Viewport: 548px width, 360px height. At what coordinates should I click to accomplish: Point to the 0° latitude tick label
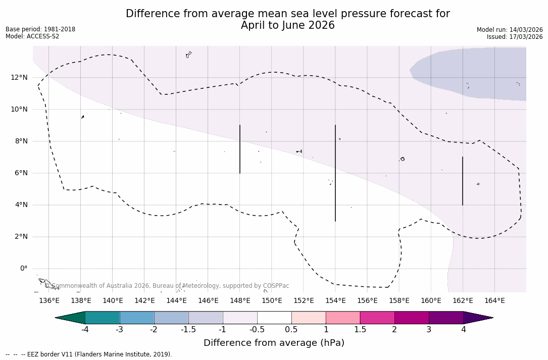[23, 269]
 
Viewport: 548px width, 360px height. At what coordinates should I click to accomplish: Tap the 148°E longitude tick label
[240, 301]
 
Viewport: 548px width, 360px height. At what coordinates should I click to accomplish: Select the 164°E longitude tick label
[494, 301]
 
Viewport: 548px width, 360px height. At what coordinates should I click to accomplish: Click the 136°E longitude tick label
[49, 301]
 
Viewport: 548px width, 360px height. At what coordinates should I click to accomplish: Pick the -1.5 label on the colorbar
[188, 330]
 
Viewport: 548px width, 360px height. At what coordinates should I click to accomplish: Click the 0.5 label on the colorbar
[291, 330]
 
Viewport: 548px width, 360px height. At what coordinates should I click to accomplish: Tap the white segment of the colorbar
[274, 318]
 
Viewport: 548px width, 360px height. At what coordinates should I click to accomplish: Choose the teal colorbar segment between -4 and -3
[103, 318]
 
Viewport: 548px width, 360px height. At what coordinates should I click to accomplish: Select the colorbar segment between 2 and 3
[412, 318]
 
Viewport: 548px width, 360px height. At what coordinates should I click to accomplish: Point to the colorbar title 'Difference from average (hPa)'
[274, 343]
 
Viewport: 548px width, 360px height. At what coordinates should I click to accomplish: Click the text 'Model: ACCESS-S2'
[32, 36]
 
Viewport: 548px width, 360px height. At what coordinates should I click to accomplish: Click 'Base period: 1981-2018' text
[40, 29]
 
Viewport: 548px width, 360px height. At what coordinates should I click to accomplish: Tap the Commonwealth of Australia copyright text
[167, 286]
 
